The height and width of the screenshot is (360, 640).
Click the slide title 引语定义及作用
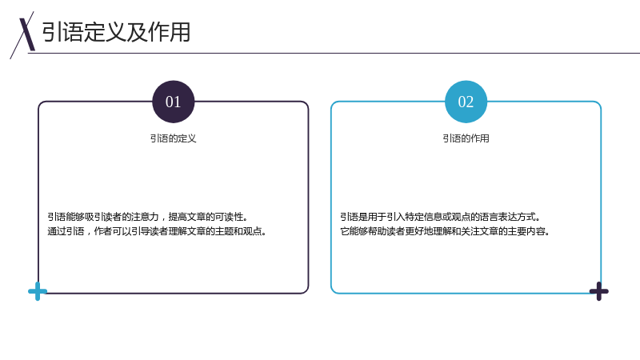(116, 32)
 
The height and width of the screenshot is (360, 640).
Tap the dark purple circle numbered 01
(174, 102)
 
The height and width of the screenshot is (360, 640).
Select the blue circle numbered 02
(466, 102)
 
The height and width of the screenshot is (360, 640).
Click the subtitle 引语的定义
(174, 138)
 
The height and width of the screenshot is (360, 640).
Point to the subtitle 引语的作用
(466, 138)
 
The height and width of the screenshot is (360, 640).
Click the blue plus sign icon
(38, 291)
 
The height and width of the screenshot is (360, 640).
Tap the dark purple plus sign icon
(598, 291)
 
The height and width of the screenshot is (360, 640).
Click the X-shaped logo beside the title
(23, 35)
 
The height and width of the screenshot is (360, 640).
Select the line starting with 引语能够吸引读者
(148, 217)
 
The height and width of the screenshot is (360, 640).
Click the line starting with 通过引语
(157, 231)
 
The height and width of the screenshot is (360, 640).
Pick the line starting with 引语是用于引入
(441, 217)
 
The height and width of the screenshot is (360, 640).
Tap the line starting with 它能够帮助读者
(446, 231)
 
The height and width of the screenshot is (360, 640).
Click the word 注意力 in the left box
(145, 217)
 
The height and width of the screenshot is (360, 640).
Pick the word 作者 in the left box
(103, 231)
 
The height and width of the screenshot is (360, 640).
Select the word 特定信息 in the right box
(423, 217)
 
